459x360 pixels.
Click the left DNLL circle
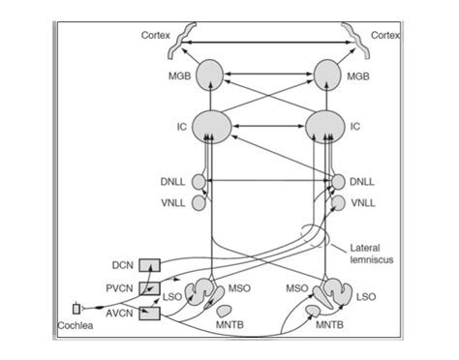(199, 181)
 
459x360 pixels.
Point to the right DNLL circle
(338, 181)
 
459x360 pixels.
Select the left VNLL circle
(199, 202)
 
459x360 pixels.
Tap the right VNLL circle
(338, 202)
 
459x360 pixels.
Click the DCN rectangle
(150, 265)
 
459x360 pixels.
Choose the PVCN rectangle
(150, 288)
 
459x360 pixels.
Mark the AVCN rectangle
(150, 313)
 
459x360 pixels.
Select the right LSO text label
(367, 296)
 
